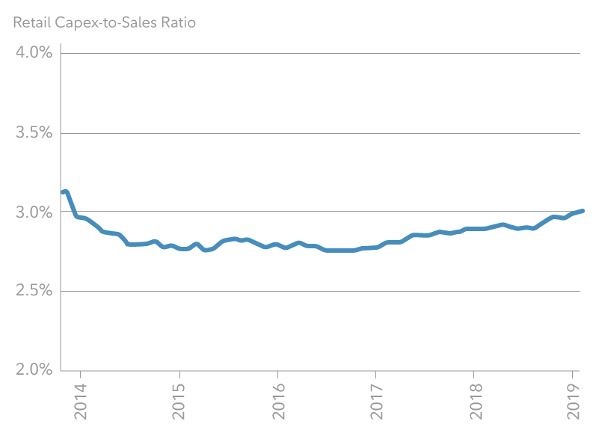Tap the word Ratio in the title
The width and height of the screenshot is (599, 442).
pyautogui.click(x=178, y=22)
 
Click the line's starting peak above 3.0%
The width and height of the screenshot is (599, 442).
pyautogui.click(x=66, y=192)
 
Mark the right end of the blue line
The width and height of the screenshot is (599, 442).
pyautogui.click(x=582, y=211)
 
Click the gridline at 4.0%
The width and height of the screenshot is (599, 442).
pyautogui.click(x=322, y=53)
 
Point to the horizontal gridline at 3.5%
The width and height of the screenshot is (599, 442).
pyautogui.click(x=322, y=133)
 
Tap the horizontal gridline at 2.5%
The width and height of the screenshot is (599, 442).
pyautogui.click(x=322, y=291)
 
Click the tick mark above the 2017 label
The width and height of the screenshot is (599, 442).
pyautogui.click(x=376, y=373)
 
